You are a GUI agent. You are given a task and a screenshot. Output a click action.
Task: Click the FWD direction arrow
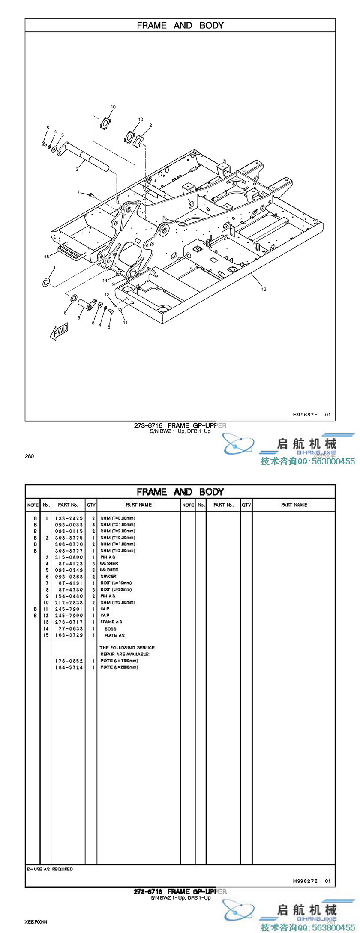[x=59, y=332]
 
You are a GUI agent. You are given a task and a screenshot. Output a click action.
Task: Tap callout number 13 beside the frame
[x=264, y=289]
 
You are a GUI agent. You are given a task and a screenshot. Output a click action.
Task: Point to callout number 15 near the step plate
[x=47, y=257]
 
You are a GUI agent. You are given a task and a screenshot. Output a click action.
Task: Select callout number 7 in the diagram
[x=78, y=192]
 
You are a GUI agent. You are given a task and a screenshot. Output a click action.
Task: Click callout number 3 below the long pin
[x=77, y=169]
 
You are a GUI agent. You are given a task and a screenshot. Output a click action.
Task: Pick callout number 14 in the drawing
[x=105, y=280]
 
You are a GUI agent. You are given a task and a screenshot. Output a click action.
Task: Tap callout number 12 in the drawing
[x=107, y=294]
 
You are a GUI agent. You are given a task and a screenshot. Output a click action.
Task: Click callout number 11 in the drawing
[x=125, y=322]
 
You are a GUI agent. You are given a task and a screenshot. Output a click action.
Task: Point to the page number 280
[x=29, y=456]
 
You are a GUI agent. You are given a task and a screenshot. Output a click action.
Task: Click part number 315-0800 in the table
[x=69, y=557]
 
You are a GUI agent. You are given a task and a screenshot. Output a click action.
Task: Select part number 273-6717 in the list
[x=69, y=622]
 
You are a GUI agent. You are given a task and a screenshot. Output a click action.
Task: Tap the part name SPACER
[x=108, y=577]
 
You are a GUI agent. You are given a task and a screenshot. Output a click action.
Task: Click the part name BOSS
[x=111, y=629]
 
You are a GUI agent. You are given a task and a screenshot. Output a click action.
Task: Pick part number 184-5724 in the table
[x=69, y=667]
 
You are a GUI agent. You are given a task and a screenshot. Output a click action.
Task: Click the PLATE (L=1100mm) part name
[x=119, y=661]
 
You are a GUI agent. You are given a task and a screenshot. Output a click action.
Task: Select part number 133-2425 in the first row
[x=69, y=518]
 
